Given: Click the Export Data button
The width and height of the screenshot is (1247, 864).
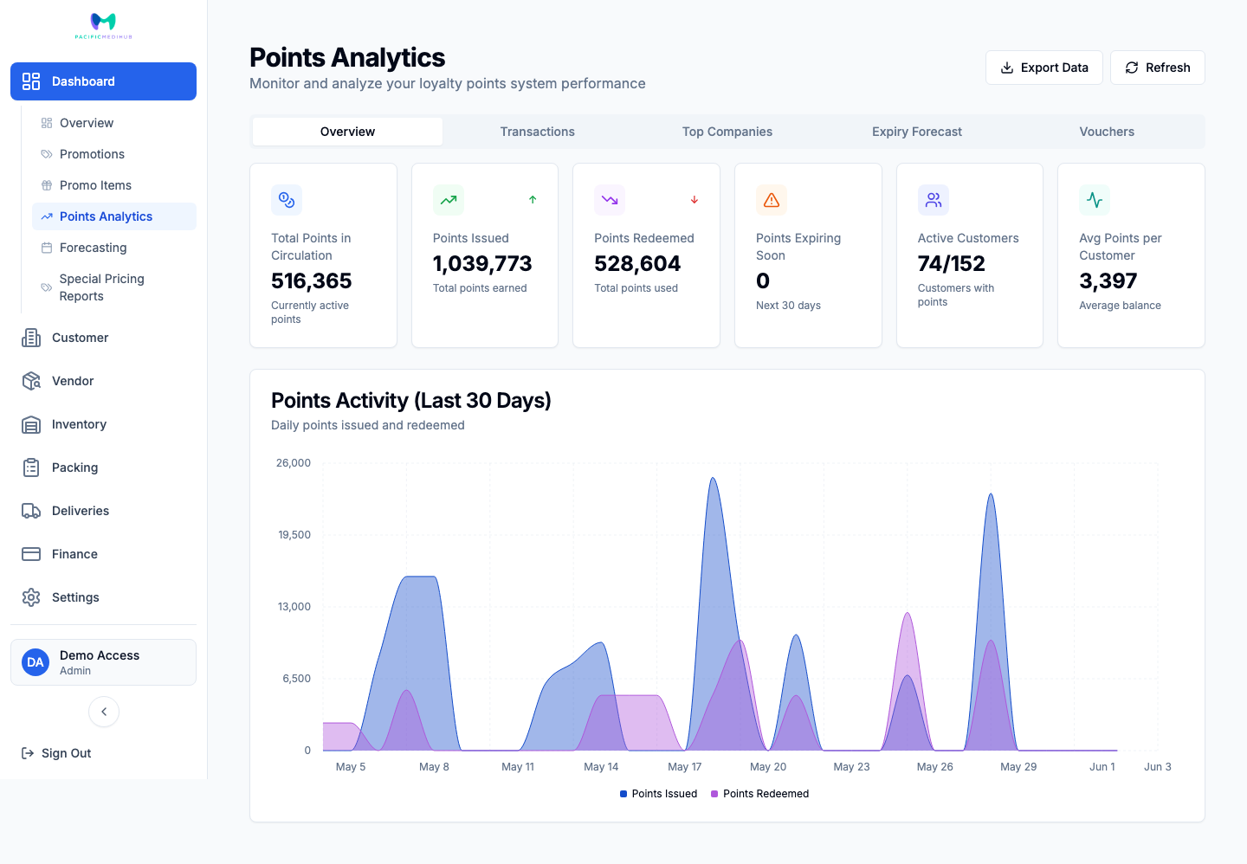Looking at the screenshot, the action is coord(1043,68).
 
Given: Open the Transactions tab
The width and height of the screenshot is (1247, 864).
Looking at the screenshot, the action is coord(537,132).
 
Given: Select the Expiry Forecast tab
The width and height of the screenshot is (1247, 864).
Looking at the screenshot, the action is coord(917,132).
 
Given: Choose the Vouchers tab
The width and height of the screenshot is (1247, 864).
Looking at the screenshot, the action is coord(1107,132).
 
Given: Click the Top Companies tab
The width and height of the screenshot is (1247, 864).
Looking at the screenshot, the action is coord(727,132).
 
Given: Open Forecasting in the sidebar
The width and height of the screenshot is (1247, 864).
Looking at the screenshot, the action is coord(93,248).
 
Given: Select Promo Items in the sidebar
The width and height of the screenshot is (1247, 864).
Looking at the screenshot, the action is coord(95,185).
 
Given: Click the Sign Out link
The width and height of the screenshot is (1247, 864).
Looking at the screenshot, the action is coord(56,753).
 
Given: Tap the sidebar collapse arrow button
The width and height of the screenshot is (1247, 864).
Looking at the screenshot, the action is coord(104,712).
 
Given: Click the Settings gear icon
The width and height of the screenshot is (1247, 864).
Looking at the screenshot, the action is coord(31,597).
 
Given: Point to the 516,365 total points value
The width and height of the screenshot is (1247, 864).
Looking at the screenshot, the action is coord(311,281).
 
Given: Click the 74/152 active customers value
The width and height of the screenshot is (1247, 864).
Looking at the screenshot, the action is coord(952,264).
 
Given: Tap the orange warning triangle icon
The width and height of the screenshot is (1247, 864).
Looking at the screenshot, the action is coord(772,200).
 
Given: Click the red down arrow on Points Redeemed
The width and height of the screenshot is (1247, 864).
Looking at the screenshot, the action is coord(695,200).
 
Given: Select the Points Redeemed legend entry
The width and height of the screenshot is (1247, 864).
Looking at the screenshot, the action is coord(760,794).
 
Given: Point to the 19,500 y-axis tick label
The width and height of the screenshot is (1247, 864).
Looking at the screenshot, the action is coord(294,535).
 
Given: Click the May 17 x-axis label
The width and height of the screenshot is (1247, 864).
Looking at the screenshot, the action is coord(685,767).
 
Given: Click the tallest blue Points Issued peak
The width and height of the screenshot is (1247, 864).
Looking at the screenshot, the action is coord(714,479).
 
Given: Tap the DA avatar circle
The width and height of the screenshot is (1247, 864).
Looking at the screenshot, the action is coord(35,662).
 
